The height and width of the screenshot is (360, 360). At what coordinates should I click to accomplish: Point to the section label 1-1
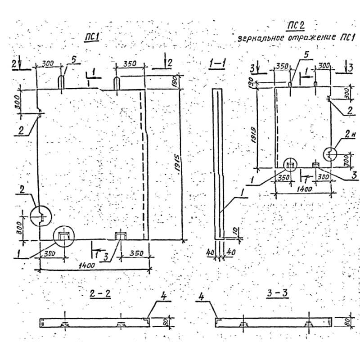pyautogui.click(x=218, y=65)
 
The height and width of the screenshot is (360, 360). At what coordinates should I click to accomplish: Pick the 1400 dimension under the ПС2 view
pyautogui.click(x=305, y=189)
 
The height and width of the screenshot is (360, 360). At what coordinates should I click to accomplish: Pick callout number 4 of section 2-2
pyautogui.click(x=164, y=297)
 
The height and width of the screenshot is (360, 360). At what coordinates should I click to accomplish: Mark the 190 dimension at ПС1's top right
pyautogui.click(x=175, y=81)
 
